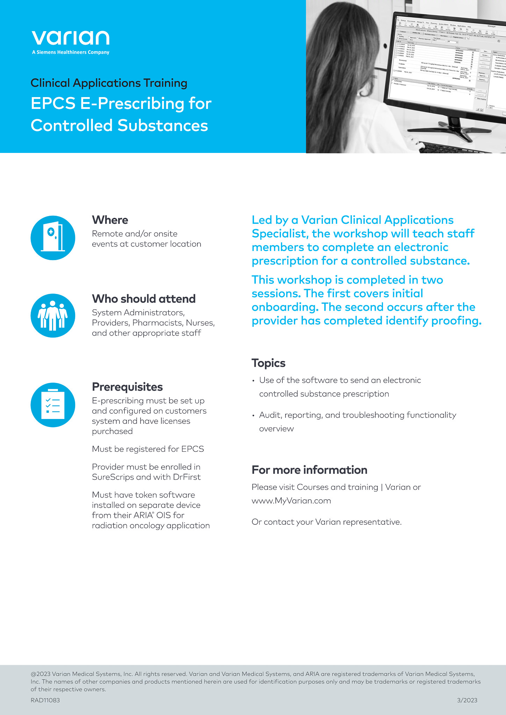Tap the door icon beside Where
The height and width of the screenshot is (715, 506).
click(53, 237)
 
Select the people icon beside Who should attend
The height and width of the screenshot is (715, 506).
click(53, 316)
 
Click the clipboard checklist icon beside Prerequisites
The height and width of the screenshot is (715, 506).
click(53, 405)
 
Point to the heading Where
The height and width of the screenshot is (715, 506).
click(110, 220)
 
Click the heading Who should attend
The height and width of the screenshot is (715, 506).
click(144, 299)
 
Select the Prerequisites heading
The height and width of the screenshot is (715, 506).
click(127, 387)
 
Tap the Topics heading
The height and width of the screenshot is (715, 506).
click(268, 363)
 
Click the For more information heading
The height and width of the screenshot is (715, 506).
click(309, 470)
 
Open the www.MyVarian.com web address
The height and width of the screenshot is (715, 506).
click(291, 501)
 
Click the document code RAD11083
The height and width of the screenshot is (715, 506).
click(45, 700)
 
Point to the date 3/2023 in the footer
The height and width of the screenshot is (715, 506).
click(467, 700)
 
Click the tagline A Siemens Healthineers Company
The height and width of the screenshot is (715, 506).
click(70, 52)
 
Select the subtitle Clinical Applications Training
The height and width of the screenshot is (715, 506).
click(109, 83)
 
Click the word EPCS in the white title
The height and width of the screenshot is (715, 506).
click(53, 103)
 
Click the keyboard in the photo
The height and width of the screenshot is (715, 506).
click(454, 148)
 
